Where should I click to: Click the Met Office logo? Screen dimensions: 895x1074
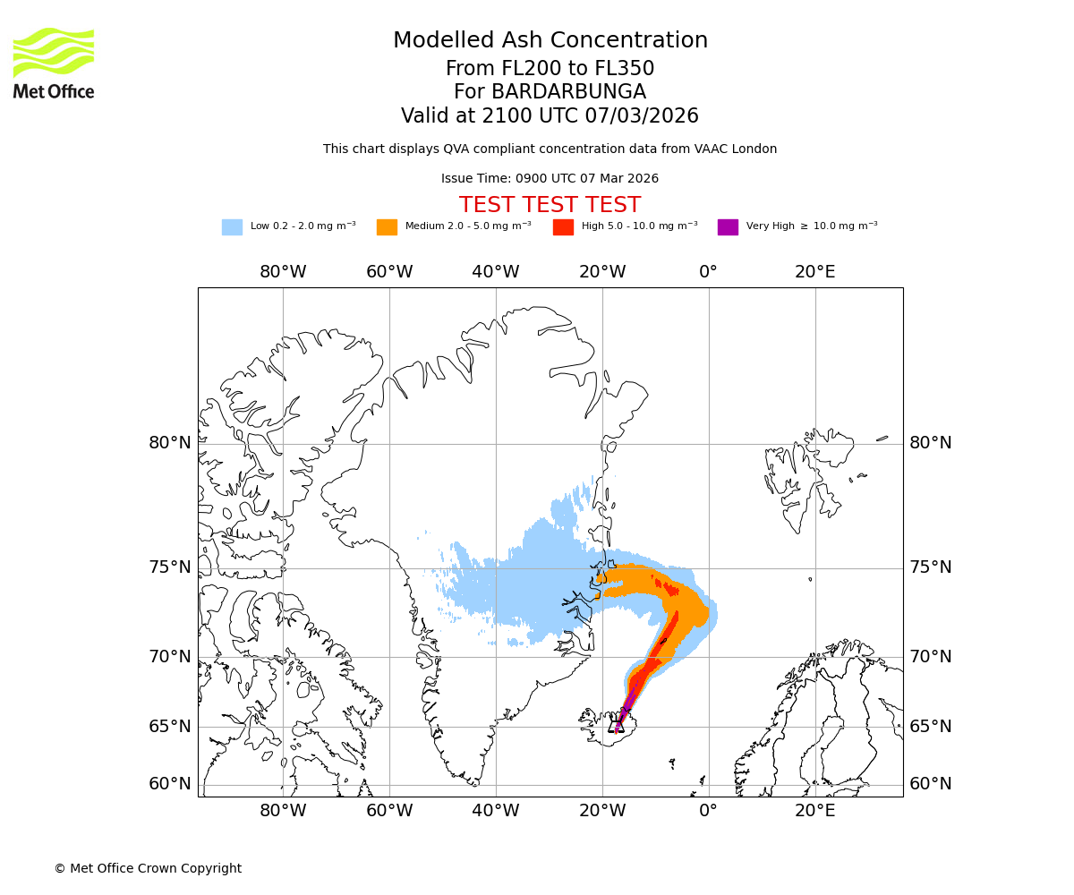coord(54,63)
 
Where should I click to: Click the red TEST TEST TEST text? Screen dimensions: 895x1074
coord(550,205)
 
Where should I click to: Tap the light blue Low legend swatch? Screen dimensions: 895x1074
coord(232,227)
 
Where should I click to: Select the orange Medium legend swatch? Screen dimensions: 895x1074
coord(387,227)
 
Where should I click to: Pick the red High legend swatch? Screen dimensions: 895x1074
coord(563,227)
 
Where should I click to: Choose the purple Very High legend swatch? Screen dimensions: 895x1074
coord(728,227)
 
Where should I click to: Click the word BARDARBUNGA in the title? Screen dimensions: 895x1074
coord(550,92)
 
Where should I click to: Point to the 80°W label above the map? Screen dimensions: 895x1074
coord(283,272)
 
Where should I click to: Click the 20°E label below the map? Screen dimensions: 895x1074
coord(814,812)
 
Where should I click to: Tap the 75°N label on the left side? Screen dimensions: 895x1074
coord(170,567)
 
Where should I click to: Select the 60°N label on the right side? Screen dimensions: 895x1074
coord(931,784)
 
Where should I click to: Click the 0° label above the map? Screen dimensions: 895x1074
coord(708,272)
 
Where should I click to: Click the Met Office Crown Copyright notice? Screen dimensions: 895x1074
coord(148,868)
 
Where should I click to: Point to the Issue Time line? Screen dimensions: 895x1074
coord(550,178)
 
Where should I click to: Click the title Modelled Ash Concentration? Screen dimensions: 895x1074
coord(550,40)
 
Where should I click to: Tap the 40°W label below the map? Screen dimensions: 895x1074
coord(496,812)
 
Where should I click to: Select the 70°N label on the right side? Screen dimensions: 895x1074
coord(931,657)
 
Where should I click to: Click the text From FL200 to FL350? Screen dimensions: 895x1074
coord(550,69)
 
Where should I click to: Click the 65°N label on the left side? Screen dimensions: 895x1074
coord(170,726)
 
